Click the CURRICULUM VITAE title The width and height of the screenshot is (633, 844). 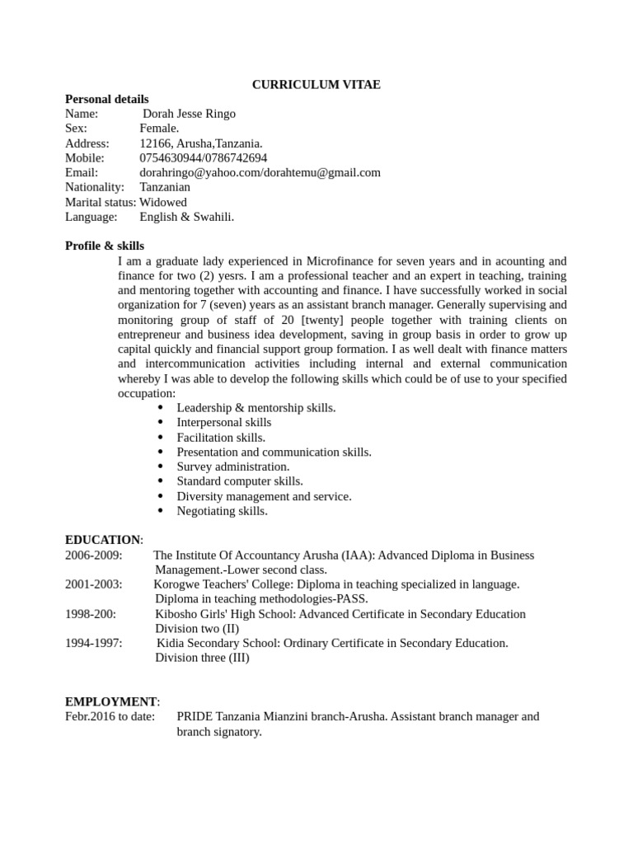click(x=316, y=84)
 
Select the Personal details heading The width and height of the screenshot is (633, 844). click(x=106, y=99)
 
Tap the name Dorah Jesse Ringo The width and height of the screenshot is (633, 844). click(x=189, y=114)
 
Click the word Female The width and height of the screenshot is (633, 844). click(x=159, y=129)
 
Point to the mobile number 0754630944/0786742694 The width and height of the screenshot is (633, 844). click(x=203, y=157)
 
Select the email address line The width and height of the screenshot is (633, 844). click(x=260, y=172)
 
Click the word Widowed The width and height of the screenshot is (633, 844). click(x=163, y=202)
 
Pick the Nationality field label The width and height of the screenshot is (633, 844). click(x=94, y=187)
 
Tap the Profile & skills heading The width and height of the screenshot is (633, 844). click(x=104, y=246)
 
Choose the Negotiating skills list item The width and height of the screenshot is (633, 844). click(x=222, y=511)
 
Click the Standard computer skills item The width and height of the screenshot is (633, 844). click(x=239, y=481)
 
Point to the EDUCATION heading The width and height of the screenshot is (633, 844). click(x=103, y=540)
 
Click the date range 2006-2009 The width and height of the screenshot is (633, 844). click(x=93, y=555)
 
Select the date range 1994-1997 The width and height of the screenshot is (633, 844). click(x=93, y=643)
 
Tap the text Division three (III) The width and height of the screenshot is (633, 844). click(x=202, y=658)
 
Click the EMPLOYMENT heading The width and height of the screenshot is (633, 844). click(x=111, y=701)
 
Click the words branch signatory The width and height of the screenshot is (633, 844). click(x=218, y=731)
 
